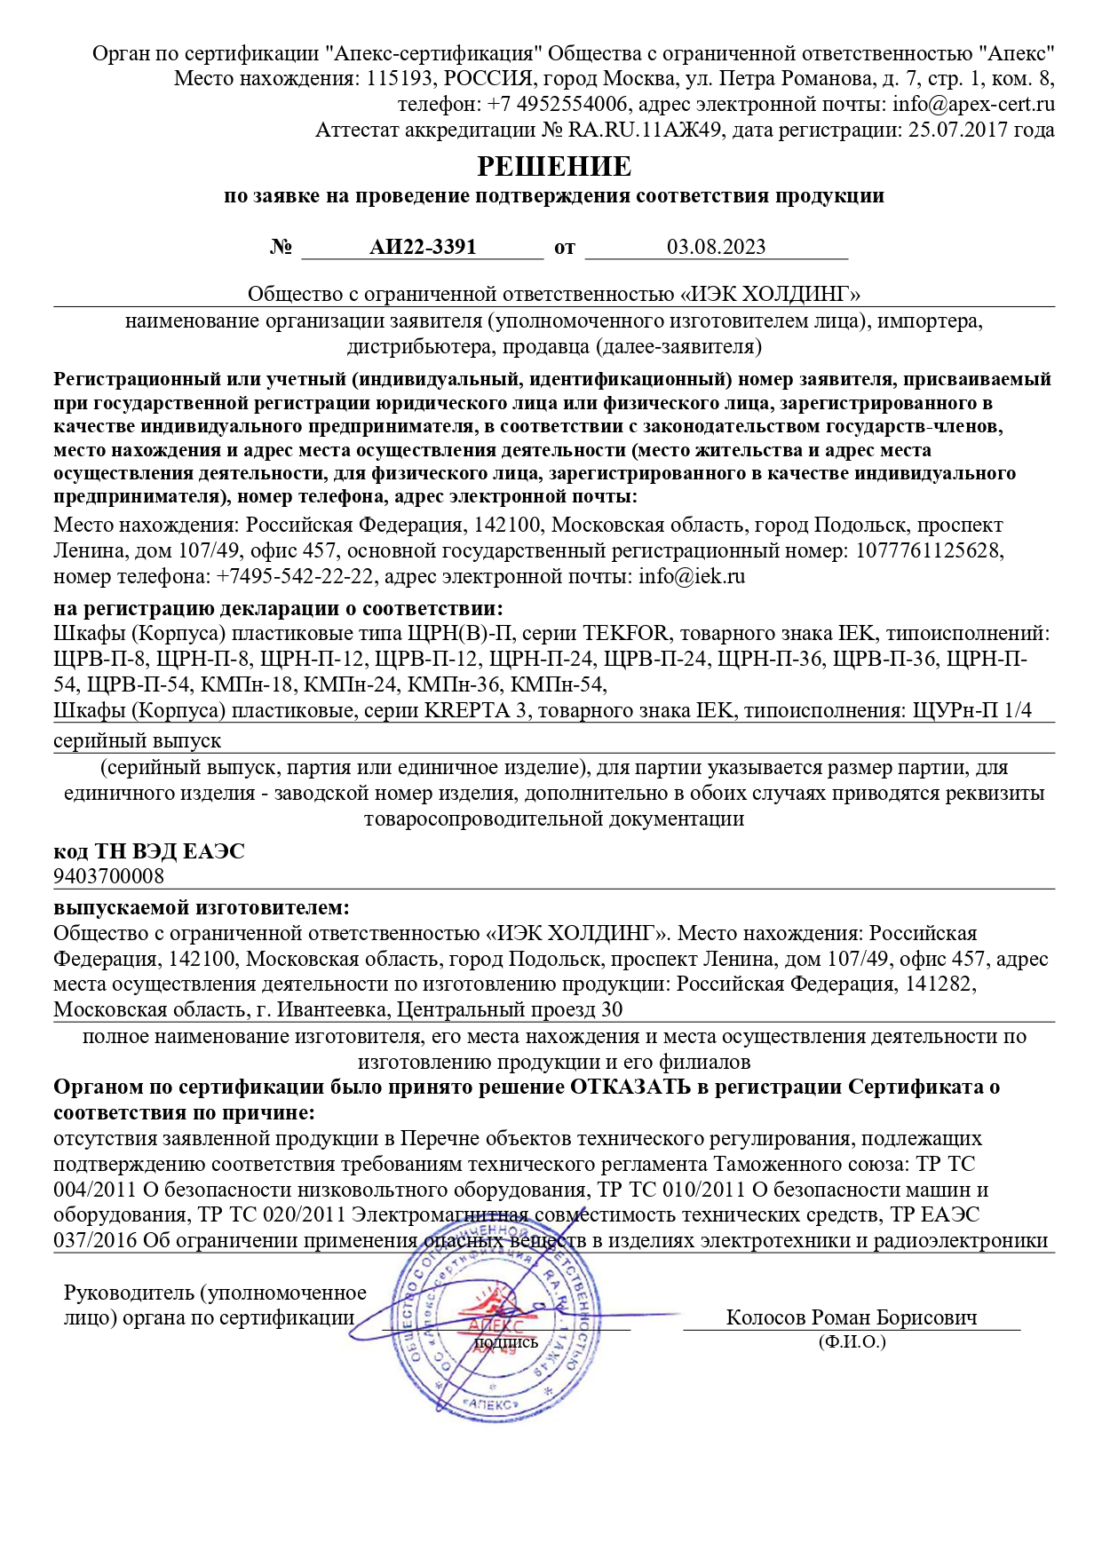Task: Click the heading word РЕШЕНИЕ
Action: coord(554,166)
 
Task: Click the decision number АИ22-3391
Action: coord(423,247)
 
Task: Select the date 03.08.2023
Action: coord(716,247)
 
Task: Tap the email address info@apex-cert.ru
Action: coord(973,104)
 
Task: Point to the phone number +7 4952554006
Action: coord(558,104)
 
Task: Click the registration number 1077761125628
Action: coord(928,550)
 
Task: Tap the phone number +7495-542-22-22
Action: coord(295,576)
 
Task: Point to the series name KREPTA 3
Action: coord(475,710)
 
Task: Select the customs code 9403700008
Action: coord(108,876)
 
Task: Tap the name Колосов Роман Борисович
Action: coord(851,1317)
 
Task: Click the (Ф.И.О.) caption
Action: coord(852,1341)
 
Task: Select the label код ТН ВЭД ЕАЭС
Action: coord(148,851)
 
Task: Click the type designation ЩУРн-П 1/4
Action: coord(971,710)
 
